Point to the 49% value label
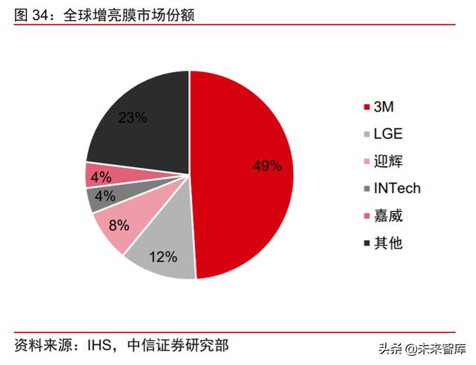[266, 166]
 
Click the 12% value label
[163, 257]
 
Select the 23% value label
[132, 117]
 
